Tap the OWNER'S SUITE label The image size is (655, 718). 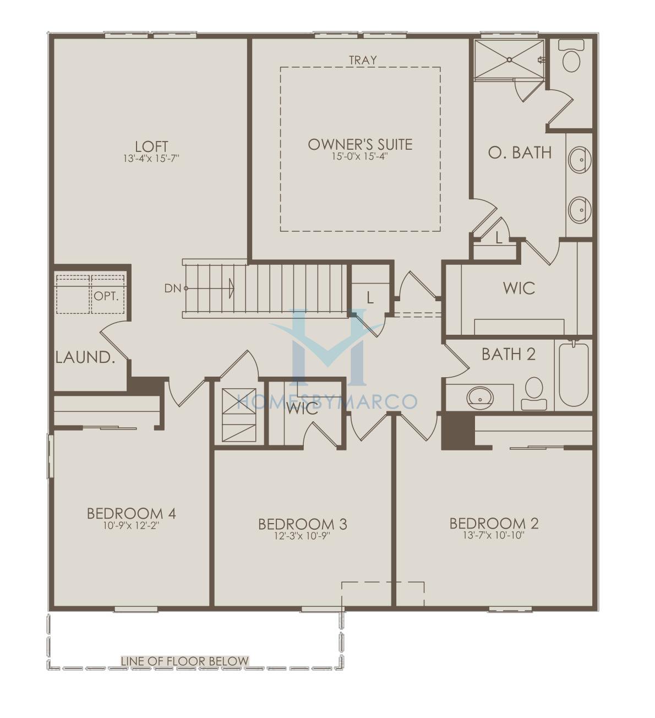tap(360, 145)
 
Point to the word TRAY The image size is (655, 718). tap(363, 60)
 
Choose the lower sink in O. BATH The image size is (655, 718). tap(580, 209)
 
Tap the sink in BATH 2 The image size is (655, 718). tap(480, 398)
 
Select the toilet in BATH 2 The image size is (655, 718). tap(534, 393)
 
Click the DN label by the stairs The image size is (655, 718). tap(173, 288)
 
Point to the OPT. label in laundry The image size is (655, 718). tap(106, 296)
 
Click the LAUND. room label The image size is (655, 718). tap(85, 357)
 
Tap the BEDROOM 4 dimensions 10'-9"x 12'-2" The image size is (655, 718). tap(131, 525)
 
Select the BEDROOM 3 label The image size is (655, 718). tap(302, 524)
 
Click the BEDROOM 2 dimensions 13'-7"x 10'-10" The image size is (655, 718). tap(494, 535)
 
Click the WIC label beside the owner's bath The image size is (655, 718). tap(519, 288)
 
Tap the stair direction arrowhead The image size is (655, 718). tap(231, 288)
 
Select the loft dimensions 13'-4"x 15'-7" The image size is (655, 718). tap(151, 158)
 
